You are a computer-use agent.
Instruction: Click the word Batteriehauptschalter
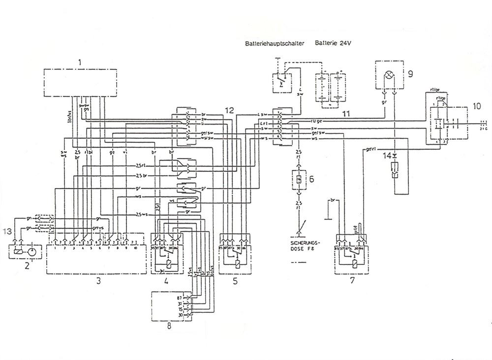tap(275, 43)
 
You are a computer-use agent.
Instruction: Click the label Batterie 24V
tap(333, 43)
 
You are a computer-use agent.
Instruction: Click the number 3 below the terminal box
tap(98, 282)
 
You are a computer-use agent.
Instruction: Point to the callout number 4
tap(167, 282)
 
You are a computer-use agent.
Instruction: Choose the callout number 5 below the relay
tap(235, 282)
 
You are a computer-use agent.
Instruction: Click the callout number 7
tap(351, 282)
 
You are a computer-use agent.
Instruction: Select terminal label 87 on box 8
tap(180, 298)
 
